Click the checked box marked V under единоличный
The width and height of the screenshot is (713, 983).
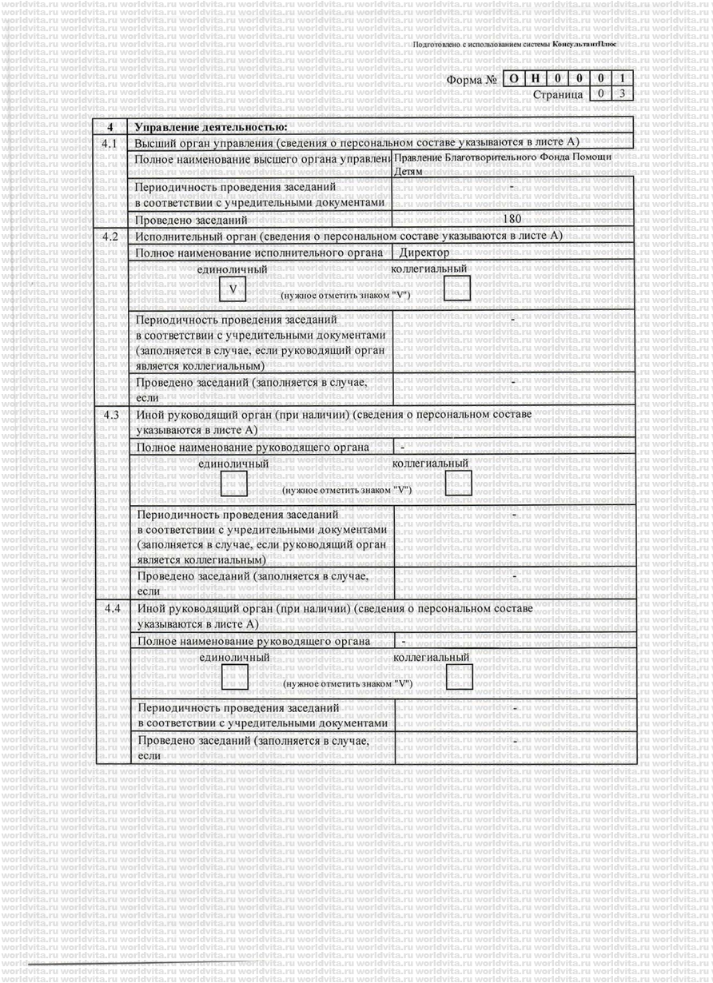pos(232,288)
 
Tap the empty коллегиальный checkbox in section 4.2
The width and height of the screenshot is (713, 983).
pos(457,287)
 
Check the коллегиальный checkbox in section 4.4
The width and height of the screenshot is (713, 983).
pos(460,677)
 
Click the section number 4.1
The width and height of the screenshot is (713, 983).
pos(110,143)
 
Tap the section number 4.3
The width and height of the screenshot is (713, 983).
pos(110,415)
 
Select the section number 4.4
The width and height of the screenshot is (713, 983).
pos(111,609)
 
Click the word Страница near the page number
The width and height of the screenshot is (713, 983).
pos(557,94)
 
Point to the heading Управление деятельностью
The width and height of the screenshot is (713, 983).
pos(210,127)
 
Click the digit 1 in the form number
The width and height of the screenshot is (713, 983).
pos(624,79)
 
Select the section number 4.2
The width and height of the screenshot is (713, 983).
pos(110,236)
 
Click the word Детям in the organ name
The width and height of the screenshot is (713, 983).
pos(408,171)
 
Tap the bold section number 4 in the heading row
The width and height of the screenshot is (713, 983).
pos(110,127)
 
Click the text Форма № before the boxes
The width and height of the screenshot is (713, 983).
pos(474,80)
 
